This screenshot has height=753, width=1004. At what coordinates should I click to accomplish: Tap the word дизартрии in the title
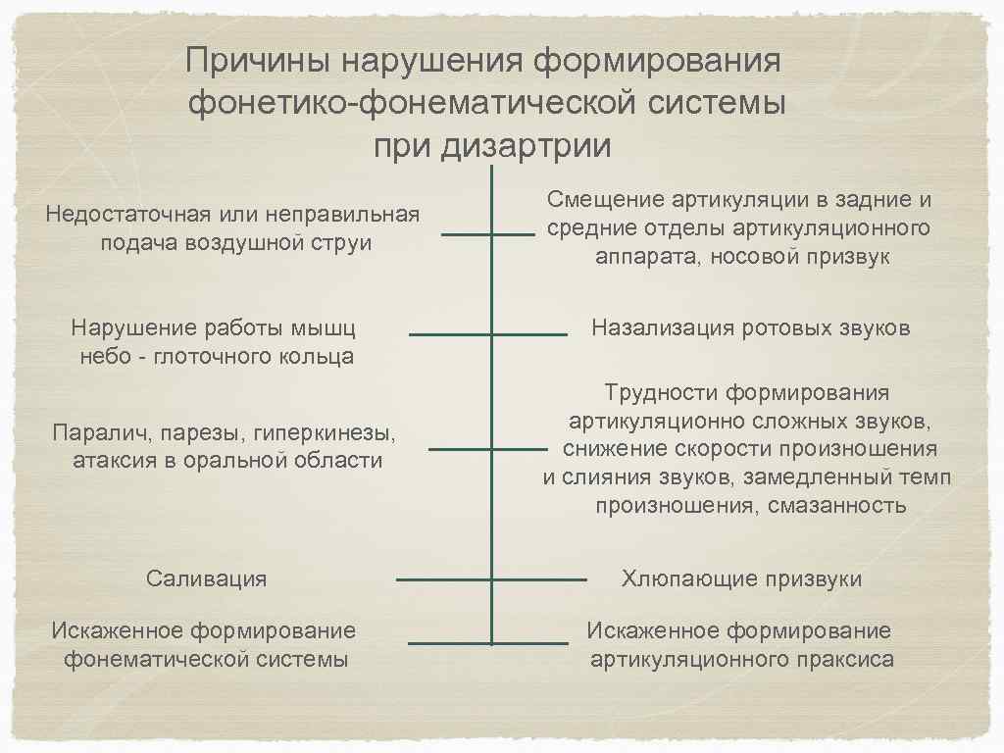point(527,145)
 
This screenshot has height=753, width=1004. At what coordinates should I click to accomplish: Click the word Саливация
point(206,577)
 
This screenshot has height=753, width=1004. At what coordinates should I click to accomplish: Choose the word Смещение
point(606,200)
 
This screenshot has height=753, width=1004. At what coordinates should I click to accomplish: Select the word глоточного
point(213,356)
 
